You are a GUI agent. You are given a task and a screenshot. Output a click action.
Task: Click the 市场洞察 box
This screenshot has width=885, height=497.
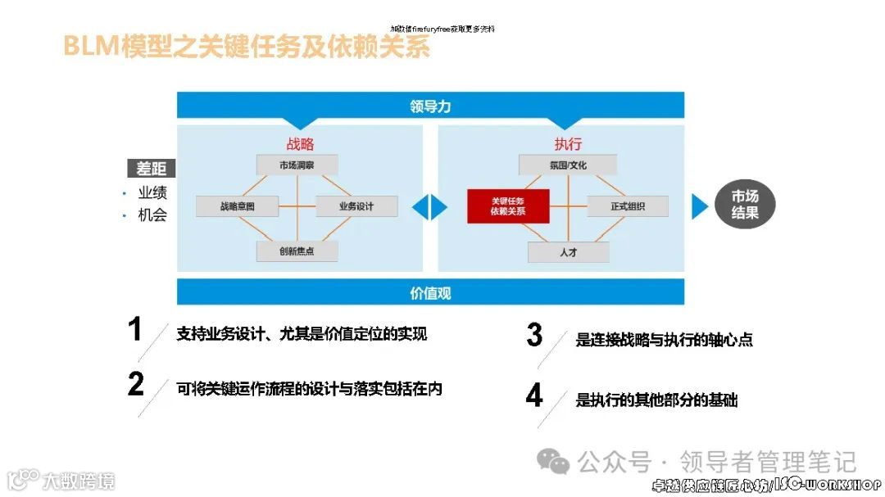(297, 165)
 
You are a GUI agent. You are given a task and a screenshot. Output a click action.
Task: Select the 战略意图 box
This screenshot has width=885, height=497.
(237, 206)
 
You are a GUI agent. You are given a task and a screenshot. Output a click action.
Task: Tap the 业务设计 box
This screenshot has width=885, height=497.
(356, 206)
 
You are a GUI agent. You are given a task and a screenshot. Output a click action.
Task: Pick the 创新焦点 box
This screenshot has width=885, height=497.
(297, 251)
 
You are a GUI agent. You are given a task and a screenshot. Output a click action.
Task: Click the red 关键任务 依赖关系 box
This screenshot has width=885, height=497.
(508, 206)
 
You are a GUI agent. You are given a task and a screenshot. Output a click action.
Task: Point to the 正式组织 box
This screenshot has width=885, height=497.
(628, 206)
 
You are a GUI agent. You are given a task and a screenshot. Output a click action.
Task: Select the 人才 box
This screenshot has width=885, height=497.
(568, 252)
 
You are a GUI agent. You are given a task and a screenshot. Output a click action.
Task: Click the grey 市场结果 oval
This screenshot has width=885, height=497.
(745, 205)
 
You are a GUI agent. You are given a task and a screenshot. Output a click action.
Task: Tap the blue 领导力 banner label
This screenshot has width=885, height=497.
(430, 106)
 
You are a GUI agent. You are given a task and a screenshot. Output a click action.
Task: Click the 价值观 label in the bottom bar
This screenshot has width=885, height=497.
(430, 292)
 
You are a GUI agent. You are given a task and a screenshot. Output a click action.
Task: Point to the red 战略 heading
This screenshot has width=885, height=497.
(300, 144)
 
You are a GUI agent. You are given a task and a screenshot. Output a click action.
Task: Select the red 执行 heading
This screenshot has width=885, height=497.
(568, 144)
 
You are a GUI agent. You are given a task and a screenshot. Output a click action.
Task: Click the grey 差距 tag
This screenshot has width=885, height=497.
(152, 169)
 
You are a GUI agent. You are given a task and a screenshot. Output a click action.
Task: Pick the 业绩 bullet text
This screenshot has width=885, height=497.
(152, 193)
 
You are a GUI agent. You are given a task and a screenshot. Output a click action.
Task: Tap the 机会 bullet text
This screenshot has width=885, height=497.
(152, 215)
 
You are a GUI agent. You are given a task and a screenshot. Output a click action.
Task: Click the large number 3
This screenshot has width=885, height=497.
(534, 335)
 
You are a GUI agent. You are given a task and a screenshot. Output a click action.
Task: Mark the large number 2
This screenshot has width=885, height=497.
(136, 384)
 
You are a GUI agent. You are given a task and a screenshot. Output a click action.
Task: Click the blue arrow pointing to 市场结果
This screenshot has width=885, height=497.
(699, 206)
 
